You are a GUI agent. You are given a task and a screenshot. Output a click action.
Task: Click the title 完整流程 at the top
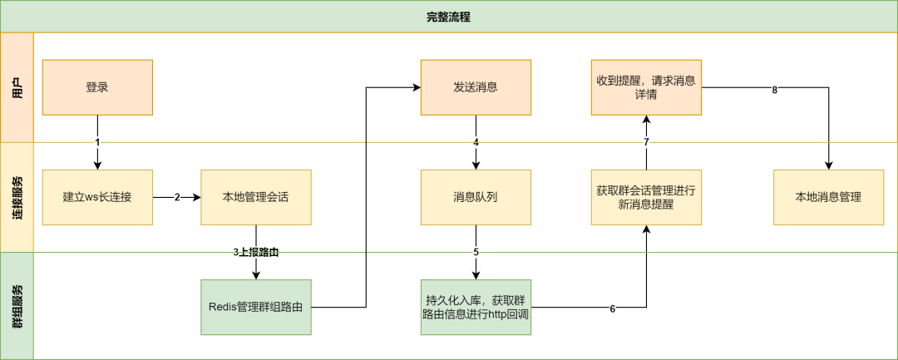[448, 17]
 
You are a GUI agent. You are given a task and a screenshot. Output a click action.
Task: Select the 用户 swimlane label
[17, 87]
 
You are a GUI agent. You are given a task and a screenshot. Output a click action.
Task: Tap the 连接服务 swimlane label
[17, 197]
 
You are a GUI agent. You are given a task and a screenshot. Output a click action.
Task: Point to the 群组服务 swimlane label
[17, 306]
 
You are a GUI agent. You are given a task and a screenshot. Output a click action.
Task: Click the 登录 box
[97, 87]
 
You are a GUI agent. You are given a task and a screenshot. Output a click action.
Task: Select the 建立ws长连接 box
[97, 197]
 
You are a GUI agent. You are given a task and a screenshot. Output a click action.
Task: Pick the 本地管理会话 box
[256, 197]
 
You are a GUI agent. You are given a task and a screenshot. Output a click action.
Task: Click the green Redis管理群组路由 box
[256, 307]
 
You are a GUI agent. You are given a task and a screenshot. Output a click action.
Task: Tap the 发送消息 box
[476, 87]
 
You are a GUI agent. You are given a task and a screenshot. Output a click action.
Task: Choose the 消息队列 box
[476, 197]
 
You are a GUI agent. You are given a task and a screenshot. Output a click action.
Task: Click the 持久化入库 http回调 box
[476, 307]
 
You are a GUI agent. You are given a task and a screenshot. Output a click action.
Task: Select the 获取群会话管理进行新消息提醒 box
[646, 197]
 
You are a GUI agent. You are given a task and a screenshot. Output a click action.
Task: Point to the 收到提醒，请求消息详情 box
[646, 87]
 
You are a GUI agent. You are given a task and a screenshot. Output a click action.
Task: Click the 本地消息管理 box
[828, 197]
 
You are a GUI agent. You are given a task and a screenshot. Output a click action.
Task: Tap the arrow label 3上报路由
[255, 251]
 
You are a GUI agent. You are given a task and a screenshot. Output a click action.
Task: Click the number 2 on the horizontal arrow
[177, 198]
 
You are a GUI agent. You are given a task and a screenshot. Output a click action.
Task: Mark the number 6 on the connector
[613, 308]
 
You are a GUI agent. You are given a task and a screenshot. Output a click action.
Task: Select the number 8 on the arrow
[774, 90]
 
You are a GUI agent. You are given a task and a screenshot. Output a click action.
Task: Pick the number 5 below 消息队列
[476, 251]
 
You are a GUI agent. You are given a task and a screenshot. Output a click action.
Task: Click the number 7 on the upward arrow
[646, 142]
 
